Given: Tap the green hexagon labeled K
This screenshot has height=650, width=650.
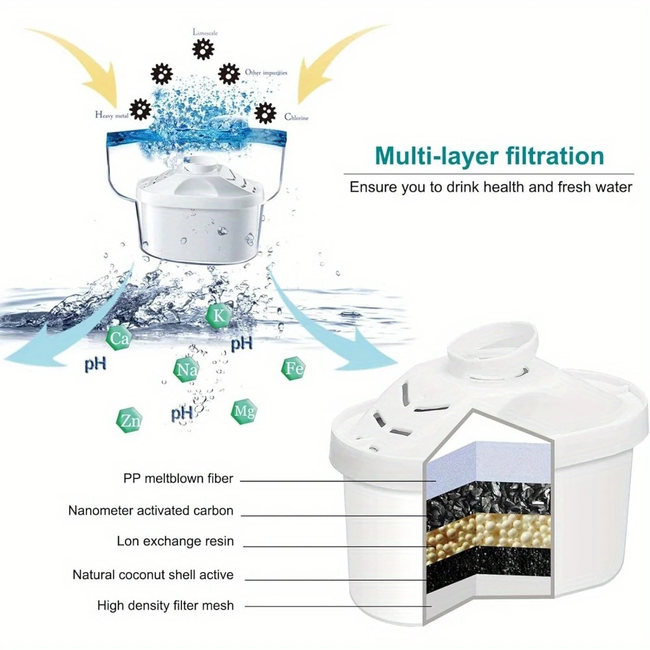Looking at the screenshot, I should tap(216, 315).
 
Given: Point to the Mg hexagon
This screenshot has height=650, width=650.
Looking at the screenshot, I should tap(244, 411).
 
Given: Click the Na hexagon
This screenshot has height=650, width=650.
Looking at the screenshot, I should tap(185, 370).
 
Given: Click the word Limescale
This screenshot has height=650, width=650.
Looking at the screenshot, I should tap(206, 31).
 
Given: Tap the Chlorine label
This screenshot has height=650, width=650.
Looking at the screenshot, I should tap(296, 118).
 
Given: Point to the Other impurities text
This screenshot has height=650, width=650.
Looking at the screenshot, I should tap(266, 73).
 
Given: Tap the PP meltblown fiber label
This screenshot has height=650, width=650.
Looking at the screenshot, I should tap(178, 479).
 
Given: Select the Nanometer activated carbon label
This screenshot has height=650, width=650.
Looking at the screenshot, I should tap(150, 510).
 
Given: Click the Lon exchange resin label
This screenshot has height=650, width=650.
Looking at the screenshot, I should tap(175, 541).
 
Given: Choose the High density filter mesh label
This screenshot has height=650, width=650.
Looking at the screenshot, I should tap(165, 605).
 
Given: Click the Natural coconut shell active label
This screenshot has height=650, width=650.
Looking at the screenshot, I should tap(153, 575).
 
